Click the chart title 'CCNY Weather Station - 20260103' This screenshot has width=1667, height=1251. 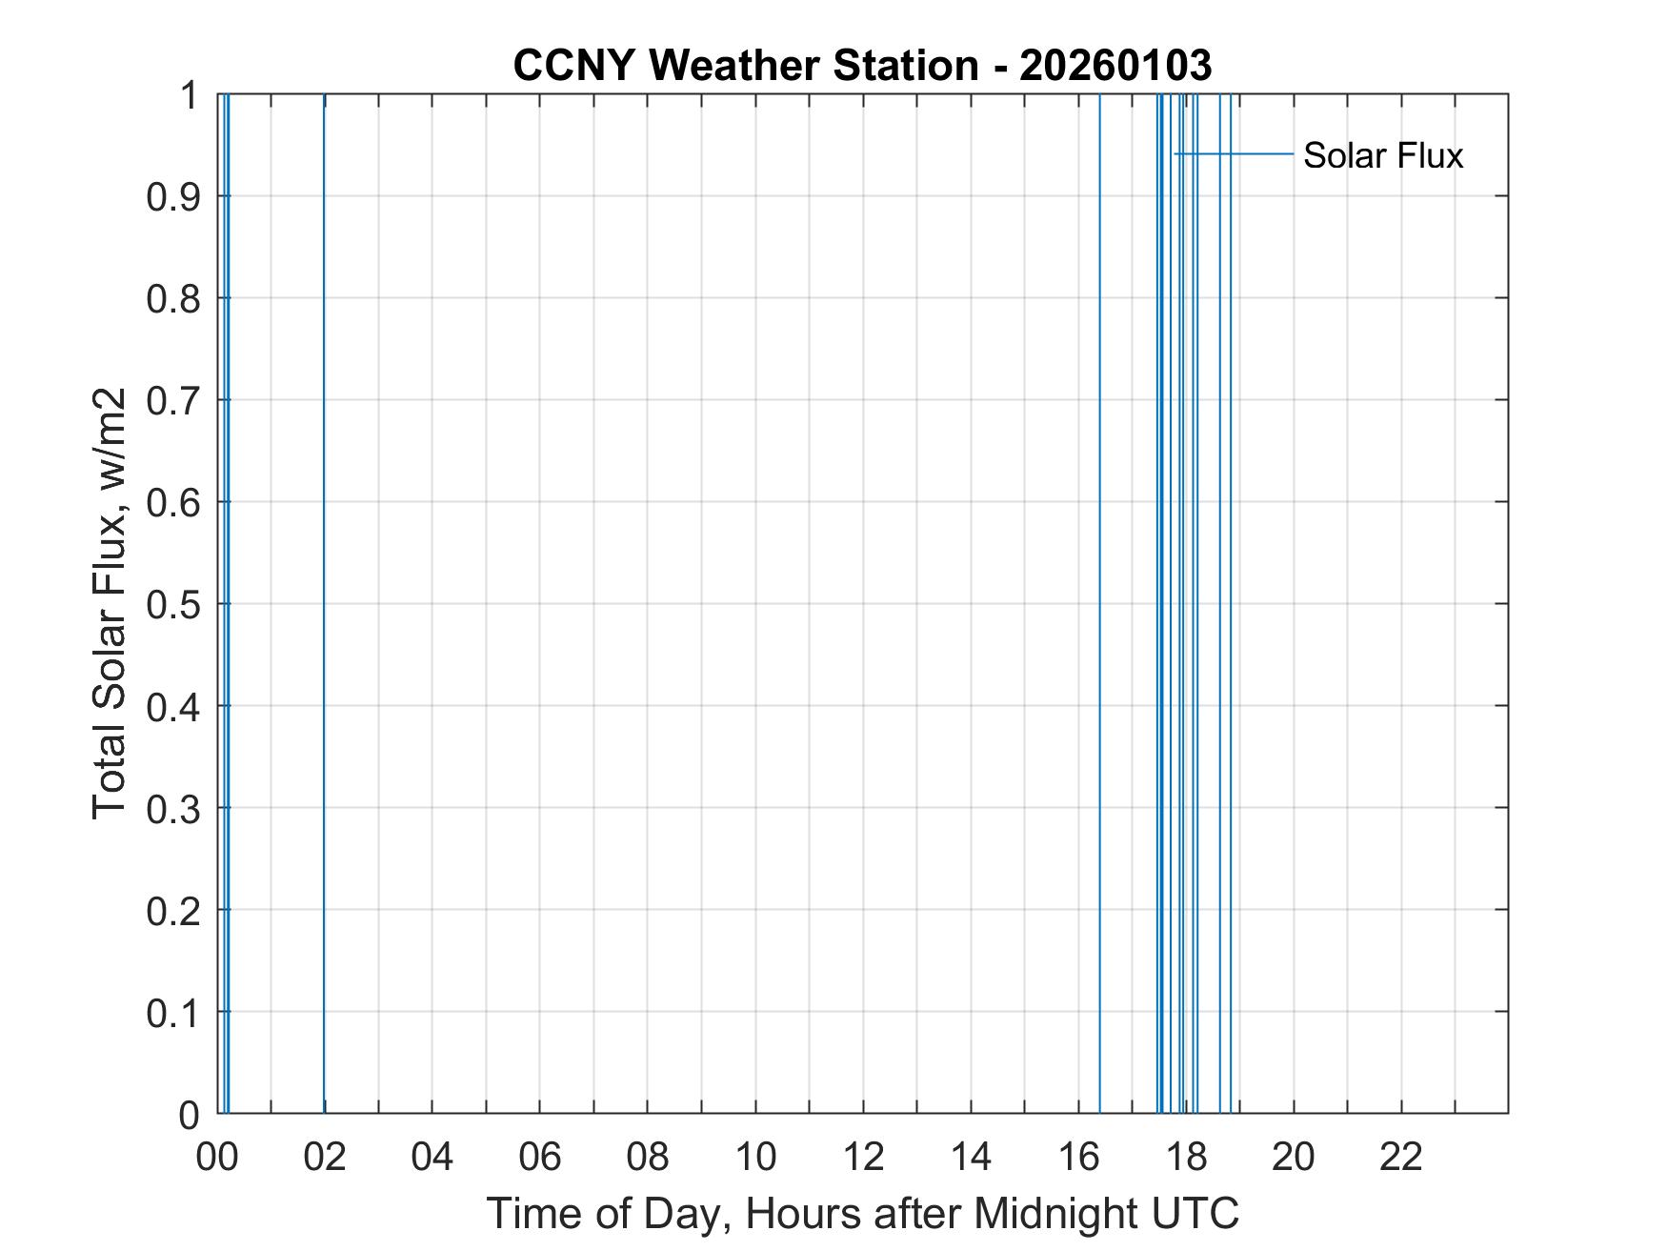[862, 66]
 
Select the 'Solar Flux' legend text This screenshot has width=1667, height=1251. [1382, 155]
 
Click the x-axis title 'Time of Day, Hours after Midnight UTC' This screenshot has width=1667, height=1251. [862, 1214]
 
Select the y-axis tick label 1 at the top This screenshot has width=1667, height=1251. [189, 95]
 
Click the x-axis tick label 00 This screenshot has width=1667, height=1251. [217, 1158]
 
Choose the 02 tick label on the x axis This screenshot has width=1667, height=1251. [325, 1158]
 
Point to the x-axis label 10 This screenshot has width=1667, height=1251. [755, 1158]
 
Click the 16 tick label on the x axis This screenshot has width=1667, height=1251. [1078, 1158]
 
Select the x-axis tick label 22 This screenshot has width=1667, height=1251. [1401, 1158]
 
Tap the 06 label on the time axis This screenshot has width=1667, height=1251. [540, 1158]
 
